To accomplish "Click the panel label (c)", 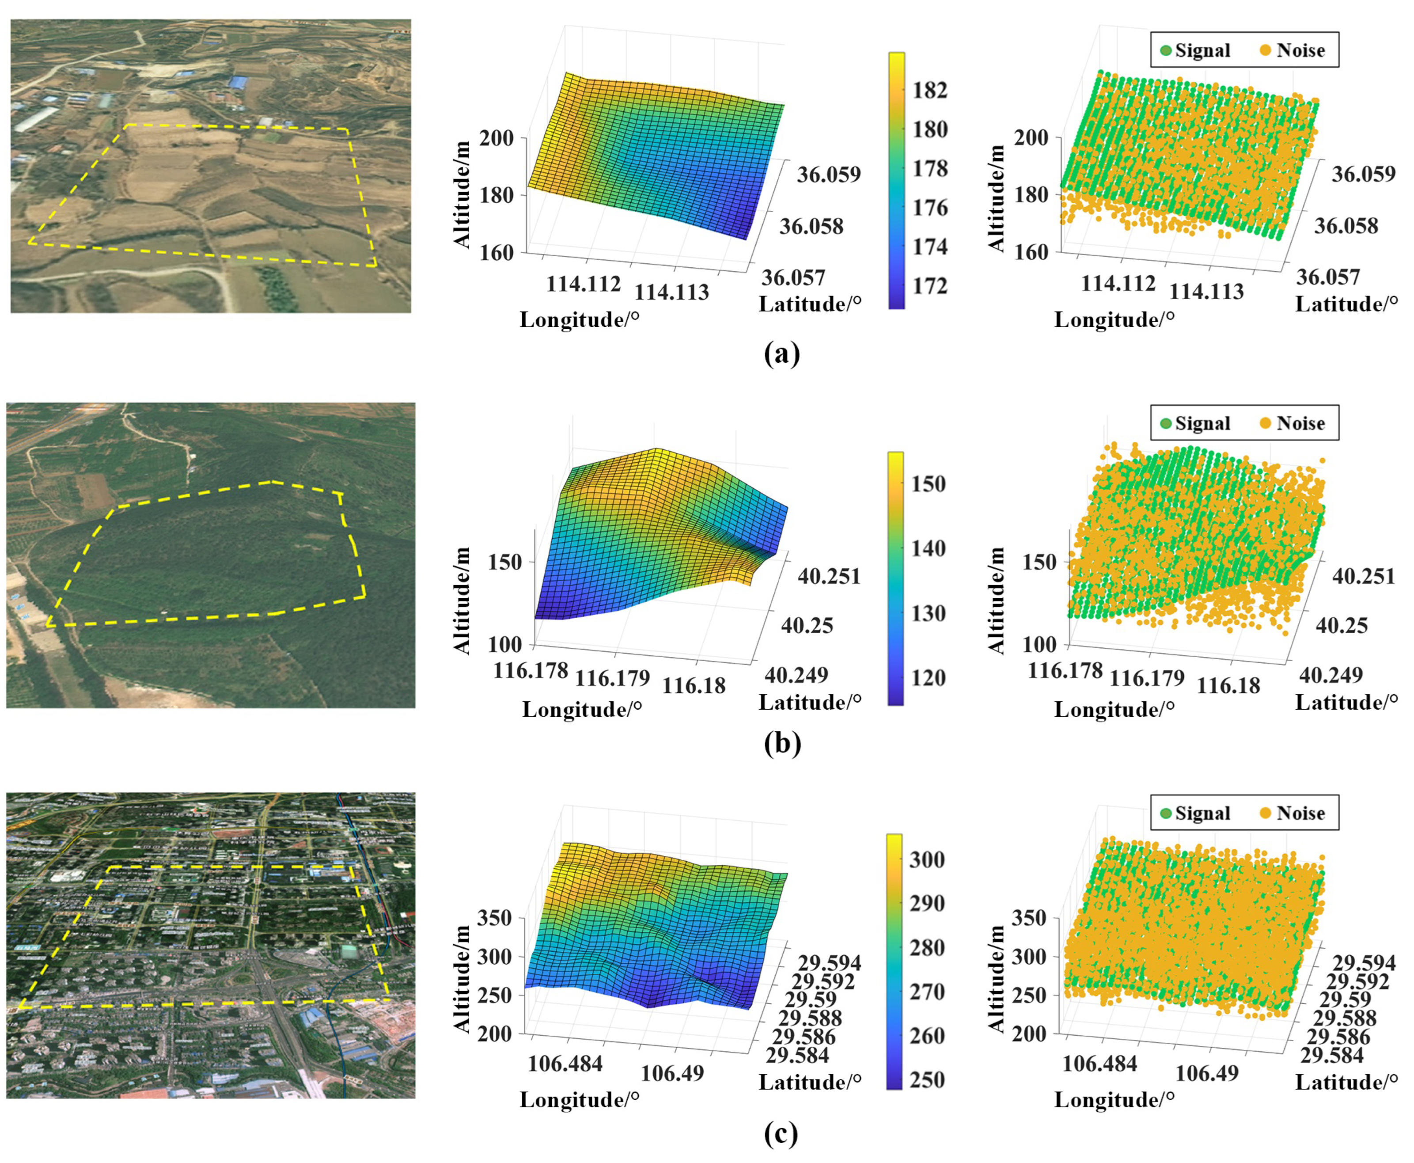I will [781, 1133].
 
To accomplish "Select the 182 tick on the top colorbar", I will [930, 90].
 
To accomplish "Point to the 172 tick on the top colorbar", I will [930, 286].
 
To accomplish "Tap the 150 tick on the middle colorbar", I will [928, 484].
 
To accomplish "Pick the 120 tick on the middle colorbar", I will [928, 677].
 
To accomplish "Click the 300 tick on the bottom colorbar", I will [927, 859].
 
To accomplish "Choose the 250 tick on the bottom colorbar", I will [927, 1080].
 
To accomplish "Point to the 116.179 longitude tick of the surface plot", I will [612, 678].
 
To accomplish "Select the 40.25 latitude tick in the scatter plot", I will [1342, 626].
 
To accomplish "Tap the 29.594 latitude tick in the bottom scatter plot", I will [1364, 963].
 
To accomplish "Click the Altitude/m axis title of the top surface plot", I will [462, 194].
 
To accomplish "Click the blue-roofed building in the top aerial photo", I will [239, 82].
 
